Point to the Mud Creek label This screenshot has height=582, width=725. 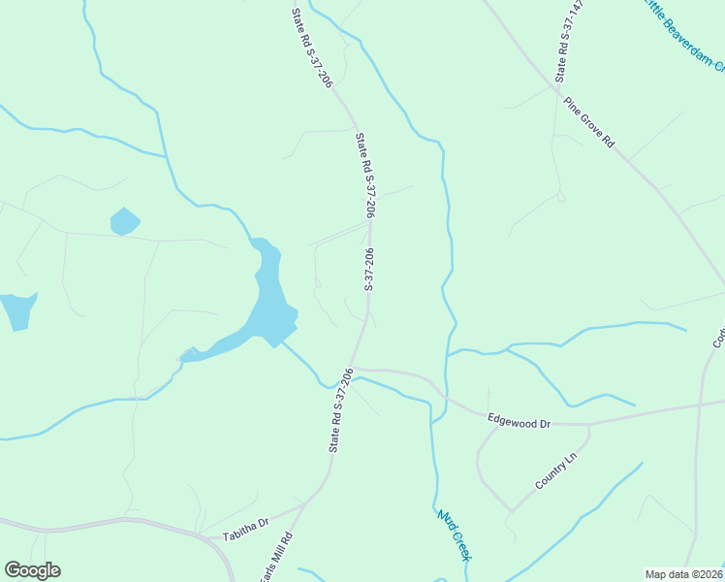point(454,533)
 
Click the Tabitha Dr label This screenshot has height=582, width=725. point(243,534)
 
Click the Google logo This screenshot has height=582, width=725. point(32,570)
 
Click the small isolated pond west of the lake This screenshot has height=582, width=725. point(124,221)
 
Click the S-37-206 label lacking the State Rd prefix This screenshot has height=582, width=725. point(369,270)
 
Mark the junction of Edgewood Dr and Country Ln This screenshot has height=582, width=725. point(589,424)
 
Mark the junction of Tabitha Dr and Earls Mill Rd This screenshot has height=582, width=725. point(303,505)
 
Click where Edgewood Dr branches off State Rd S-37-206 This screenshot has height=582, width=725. point(353,368)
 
